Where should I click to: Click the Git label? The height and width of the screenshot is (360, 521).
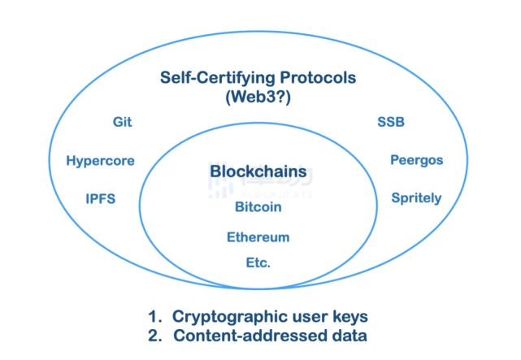point(122,122)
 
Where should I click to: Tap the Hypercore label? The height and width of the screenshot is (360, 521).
point(100,161)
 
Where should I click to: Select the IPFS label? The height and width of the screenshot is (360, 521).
point(100,198)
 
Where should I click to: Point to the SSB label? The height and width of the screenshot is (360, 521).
point(391,122)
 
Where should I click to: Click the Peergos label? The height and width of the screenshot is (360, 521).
point(417,160)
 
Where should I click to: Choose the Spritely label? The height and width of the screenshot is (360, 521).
point(416,198)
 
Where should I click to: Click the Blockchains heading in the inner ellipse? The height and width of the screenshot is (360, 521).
point(258,171)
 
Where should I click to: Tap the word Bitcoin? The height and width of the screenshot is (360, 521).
point(258,207)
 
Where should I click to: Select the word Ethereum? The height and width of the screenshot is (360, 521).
point(258,237)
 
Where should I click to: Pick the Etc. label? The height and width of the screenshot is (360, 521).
point(258,262)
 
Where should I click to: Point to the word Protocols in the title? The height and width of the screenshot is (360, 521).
point(318,78)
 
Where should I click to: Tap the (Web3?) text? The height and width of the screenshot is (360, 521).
point(258,97)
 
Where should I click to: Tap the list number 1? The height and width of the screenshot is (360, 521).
point(155,316)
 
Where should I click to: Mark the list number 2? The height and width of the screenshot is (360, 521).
point(155,336)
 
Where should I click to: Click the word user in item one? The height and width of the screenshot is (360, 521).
point(310,317)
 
